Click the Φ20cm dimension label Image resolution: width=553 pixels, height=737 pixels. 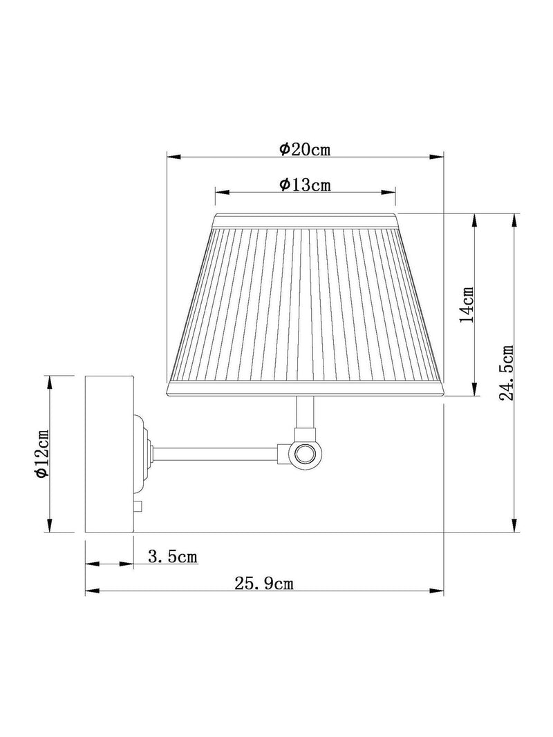click(305, 149)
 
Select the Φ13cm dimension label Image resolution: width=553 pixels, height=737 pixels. click(305, 184)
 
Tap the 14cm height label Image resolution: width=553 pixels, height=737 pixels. click(467, 304)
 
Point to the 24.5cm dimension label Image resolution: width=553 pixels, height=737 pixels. click(507, 373)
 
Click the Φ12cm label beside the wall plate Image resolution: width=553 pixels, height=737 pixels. click(41, 454)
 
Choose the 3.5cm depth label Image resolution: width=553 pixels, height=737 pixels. click(173, 557)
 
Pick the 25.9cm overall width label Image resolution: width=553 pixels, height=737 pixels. click(264, 583)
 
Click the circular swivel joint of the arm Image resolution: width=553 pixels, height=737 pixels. click(306, 454)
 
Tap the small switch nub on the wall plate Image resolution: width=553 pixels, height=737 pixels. click(138, 506)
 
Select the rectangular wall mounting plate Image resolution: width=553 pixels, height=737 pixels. click(109, 454)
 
